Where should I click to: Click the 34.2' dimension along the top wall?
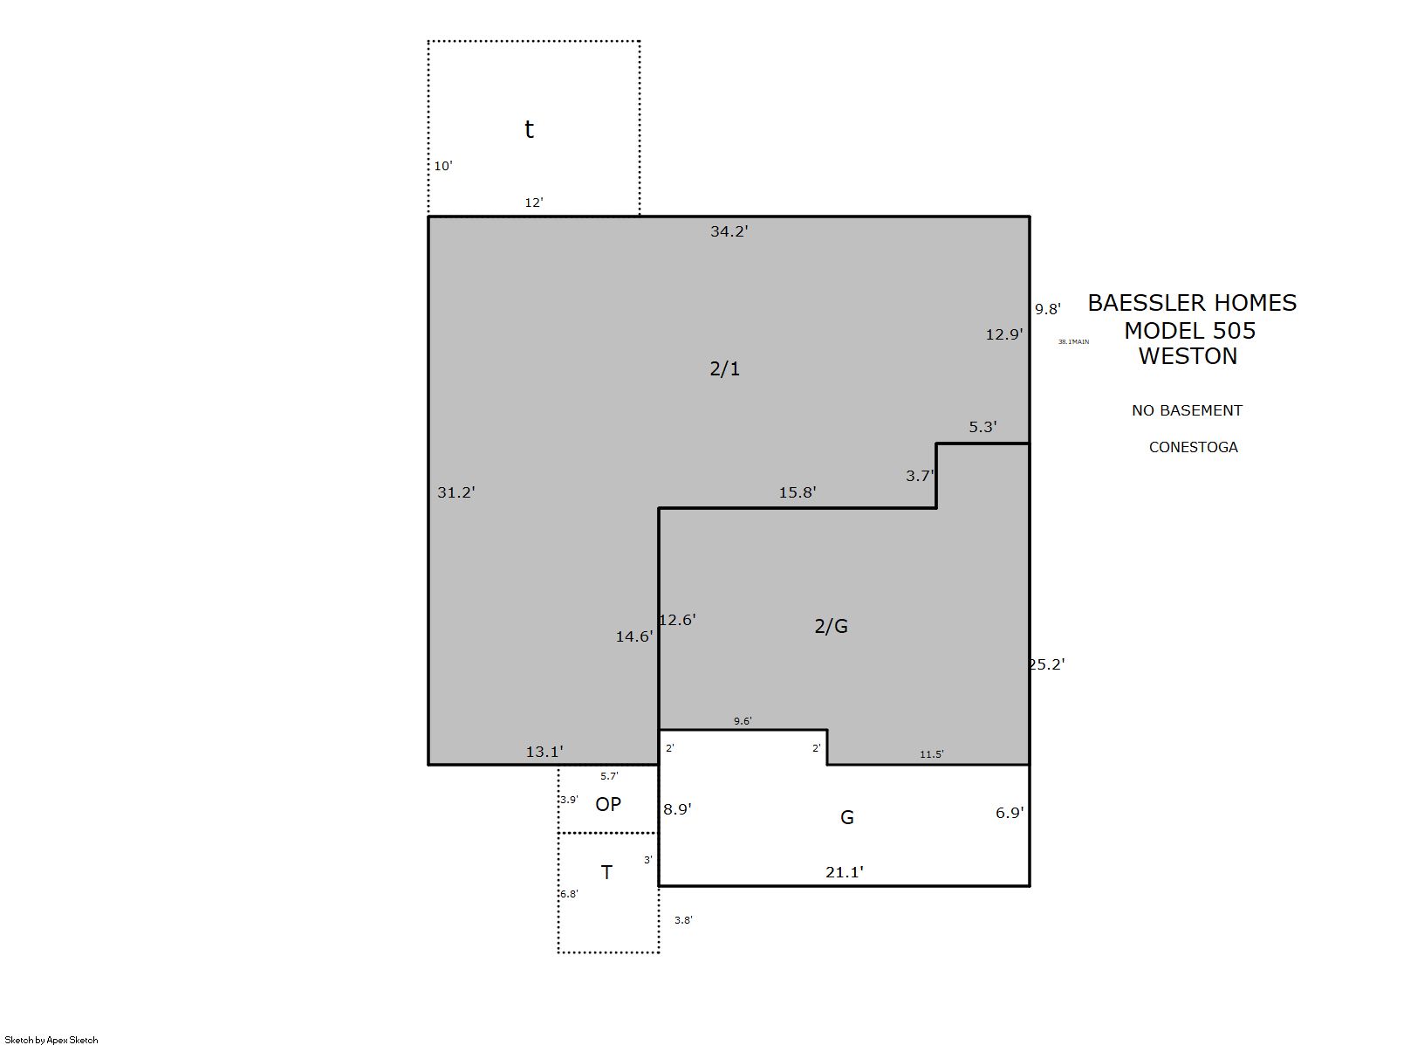click(x=729, y=231)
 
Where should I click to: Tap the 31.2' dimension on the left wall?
click(x=456, y=492)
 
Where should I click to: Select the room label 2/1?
click(x=725, y=369)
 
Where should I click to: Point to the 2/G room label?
click(x=831, y=627)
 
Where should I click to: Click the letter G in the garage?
click(x=846, y=817)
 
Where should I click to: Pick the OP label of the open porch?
click(x=608, y=805)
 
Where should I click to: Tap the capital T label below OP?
click(x=606, y=873)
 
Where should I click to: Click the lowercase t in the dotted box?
click(x=529, y=129)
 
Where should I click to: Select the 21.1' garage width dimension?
click(x=845, y=872)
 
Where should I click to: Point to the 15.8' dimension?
click(x=798, y=492)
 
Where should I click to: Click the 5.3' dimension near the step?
click(x=982, y=427)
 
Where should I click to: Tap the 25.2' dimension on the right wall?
click(x=1046, y=664)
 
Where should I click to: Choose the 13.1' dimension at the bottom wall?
click(x=544, y=752)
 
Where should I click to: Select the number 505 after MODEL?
click(x=1234, y=331)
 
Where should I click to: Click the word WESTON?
click(x=1188, y=356)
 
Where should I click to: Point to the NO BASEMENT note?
click(x=1187, y=411)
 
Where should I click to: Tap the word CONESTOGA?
click(x=1194, y=447)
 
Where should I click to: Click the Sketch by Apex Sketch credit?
click(x=51, y=1040)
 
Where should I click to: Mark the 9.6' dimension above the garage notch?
click(x=743, y=720)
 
